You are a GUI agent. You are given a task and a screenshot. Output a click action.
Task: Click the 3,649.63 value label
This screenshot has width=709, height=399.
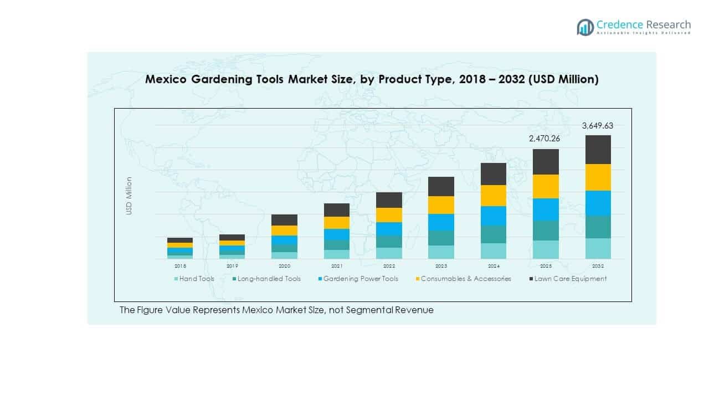597,126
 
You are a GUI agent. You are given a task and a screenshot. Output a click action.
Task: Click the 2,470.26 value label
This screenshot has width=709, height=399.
545,139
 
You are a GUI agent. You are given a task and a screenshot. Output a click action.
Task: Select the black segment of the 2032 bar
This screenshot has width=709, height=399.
598,150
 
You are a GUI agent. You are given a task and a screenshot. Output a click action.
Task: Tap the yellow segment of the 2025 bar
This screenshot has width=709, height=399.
546,186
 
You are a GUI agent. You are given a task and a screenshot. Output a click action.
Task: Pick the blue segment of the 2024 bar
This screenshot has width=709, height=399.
493,216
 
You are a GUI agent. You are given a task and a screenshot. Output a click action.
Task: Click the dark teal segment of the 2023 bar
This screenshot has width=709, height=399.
441,238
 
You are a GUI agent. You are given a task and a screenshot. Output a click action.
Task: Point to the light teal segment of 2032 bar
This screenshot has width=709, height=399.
598,248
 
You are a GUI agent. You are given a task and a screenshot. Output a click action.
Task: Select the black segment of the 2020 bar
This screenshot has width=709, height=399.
284,220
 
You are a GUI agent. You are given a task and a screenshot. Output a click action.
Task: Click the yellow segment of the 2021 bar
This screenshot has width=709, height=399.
336,222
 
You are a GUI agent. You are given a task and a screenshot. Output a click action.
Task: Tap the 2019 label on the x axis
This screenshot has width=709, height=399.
232,266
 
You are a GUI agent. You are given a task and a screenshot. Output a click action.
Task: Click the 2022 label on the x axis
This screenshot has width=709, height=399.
389,266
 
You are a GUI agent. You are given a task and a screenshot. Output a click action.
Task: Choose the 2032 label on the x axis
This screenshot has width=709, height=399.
598,266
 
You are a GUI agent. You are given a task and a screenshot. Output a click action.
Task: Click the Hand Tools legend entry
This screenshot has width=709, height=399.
194,279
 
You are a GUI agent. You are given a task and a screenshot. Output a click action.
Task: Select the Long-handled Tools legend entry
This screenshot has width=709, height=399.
266,279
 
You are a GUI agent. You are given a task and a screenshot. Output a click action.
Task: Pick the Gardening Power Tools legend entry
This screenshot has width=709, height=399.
357,279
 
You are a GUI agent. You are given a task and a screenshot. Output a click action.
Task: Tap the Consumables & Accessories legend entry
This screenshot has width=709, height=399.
463,279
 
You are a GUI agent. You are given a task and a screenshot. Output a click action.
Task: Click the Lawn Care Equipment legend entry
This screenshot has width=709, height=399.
567,279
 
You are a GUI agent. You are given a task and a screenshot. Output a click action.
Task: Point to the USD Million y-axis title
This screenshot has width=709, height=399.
129,196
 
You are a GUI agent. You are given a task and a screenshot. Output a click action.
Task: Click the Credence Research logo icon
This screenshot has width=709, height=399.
585,27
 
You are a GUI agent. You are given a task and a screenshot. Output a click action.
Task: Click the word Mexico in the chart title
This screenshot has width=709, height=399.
166,80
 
